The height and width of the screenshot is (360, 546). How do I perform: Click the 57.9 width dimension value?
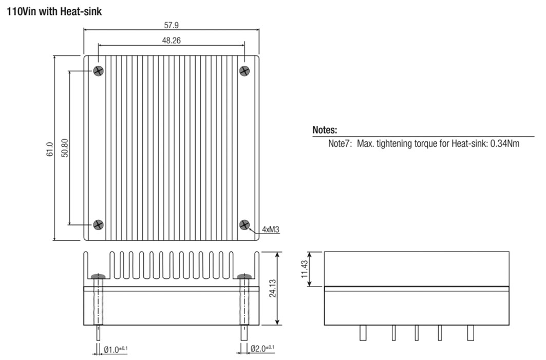point(172,25)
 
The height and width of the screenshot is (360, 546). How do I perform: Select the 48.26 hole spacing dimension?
point(172,41)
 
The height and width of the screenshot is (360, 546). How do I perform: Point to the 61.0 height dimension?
point(50,149)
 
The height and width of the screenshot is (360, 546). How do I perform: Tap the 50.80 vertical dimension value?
point(65,148)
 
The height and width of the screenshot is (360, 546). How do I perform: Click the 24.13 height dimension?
point(273,288)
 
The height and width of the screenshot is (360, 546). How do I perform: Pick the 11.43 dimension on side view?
point(305,269)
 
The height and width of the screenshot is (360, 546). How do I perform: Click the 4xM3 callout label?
point(271,230)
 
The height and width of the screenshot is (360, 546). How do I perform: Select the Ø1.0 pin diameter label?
point(116,349)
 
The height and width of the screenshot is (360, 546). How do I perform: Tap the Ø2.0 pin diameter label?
point(262,348)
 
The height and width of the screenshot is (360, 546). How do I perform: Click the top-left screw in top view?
point(99,71)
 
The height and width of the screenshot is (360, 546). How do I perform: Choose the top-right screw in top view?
point(244,71)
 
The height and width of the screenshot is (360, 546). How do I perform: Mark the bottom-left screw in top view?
point(99,224)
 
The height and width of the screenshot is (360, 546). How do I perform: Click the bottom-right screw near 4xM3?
point(244,224)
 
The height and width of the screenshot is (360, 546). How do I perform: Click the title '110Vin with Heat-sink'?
point(54,11)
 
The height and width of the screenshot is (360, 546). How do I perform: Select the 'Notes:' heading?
point(325,130)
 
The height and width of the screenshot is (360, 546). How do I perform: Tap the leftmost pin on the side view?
point(363,333)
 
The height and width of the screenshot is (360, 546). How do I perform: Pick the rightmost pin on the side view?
point(470,333)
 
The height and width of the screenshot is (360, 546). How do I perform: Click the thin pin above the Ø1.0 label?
point(99,333)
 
